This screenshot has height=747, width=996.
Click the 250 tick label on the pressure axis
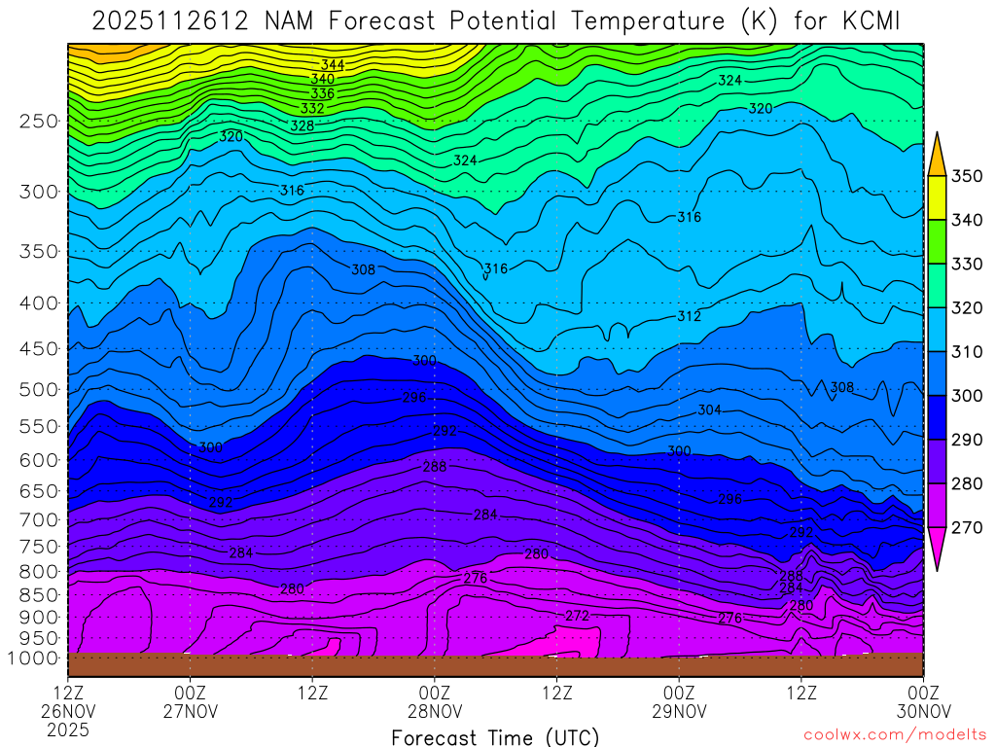[x=40, y=121]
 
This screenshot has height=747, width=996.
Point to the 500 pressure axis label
[x=40, y=390]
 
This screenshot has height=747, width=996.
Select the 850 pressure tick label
[x=40, y=594]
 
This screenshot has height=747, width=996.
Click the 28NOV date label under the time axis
[x=434, y=710]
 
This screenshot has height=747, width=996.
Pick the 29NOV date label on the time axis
[x=679, y=710]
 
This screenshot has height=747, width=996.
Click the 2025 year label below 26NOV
[x=68, y=729]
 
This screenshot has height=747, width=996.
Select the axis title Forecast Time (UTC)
[x=495, y=736]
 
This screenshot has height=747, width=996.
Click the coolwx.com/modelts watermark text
[x=896, y=736]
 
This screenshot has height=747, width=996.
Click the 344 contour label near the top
[x=333, y=65]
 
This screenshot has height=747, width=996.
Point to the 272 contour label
[x=578, y=616]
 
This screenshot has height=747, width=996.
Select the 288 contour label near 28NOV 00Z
[x=435, y=467]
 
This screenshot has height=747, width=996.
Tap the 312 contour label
[x=689, y=316]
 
